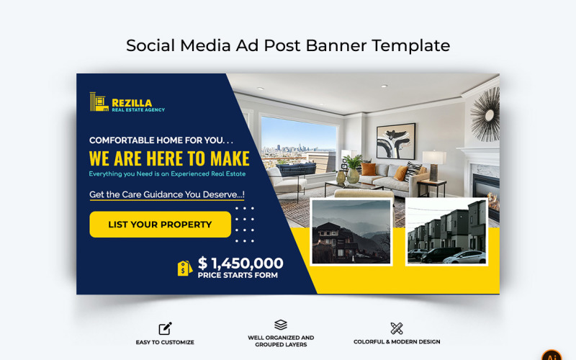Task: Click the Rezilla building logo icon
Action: (x=99, y=103)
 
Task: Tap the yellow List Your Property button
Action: (x=160, y=225)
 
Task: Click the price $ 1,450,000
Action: (x=240, y=264)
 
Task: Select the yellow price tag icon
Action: (x=184, y=268)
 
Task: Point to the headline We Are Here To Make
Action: (x=169, y=158)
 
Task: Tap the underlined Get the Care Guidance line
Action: (x=166, y=194)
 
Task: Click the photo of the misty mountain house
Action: (x=351, y=232)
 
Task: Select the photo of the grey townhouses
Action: (x=446, y=232)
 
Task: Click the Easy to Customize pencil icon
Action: (x=165, y=329)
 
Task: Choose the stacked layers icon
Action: (x=281, y=325)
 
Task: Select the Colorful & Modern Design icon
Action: (x=396, y=328)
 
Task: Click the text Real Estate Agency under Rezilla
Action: (x=138, y=110)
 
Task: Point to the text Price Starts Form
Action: (x=238, y=275)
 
